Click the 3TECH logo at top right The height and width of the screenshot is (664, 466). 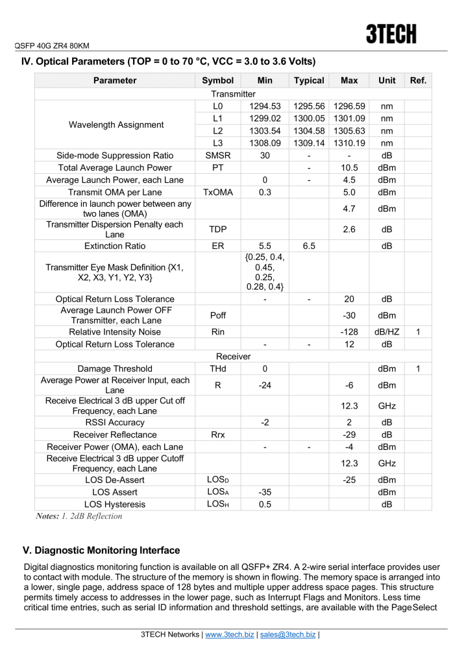(x=391, y=34)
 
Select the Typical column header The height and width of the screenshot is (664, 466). (x=309, y=81)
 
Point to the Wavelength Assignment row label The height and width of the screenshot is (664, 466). (x=115, y=124)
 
